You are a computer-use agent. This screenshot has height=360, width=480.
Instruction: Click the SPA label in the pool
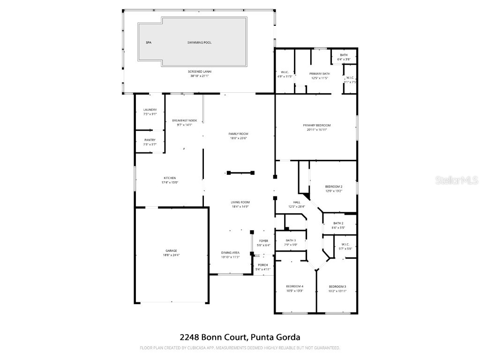click(148, 43)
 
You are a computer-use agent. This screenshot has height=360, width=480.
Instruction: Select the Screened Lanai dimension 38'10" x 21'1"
click(200, 76)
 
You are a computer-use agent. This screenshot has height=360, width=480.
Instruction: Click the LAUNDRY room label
click(150, 110)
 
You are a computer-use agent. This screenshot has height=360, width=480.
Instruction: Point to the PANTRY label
click(150, 140)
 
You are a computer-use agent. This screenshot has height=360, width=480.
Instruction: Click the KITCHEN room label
click(170, 178)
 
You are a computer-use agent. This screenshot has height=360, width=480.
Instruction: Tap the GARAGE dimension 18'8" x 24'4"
click(171, 255)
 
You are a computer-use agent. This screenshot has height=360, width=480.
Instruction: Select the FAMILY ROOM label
click(238, 134)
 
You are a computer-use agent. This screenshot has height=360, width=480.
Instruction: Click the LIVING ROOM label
click(240, 202)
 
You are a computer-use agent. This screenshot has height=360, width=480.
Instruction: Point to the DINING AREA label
click(230, 252)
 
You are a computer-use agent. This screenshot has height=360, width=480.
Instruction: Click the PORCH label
click(263, 265)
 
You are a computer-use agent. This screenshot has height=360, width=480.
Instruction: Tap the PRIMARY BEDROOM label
click(316, 125)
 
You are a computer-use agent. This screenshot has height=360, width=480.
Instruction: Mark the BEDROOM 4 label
click(295, 286)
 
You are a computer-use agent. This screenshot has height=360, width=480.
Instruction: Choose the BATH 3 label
click(291, 240)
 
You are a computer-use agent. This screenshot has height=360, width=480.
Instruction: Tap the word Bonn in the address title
click(209, 337)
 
